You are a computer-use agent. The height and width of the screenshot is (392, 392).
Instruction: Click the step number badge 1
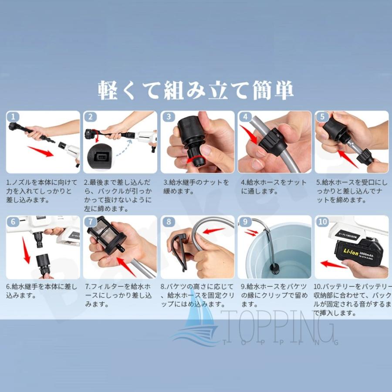tap(14, 117)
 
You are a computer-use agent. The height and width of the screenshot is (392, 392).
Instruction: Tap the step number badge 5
tap(322, 117)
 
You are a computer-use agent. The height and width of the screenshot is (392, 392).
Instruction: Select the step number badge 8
tap(168, 221)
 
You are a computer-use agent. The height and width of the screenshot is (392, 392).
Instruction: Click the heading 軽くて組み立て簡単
tap(196, 89)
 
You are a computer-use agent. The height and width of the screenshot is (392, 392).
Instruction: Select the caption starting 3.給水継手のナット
tap(196, 187)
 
